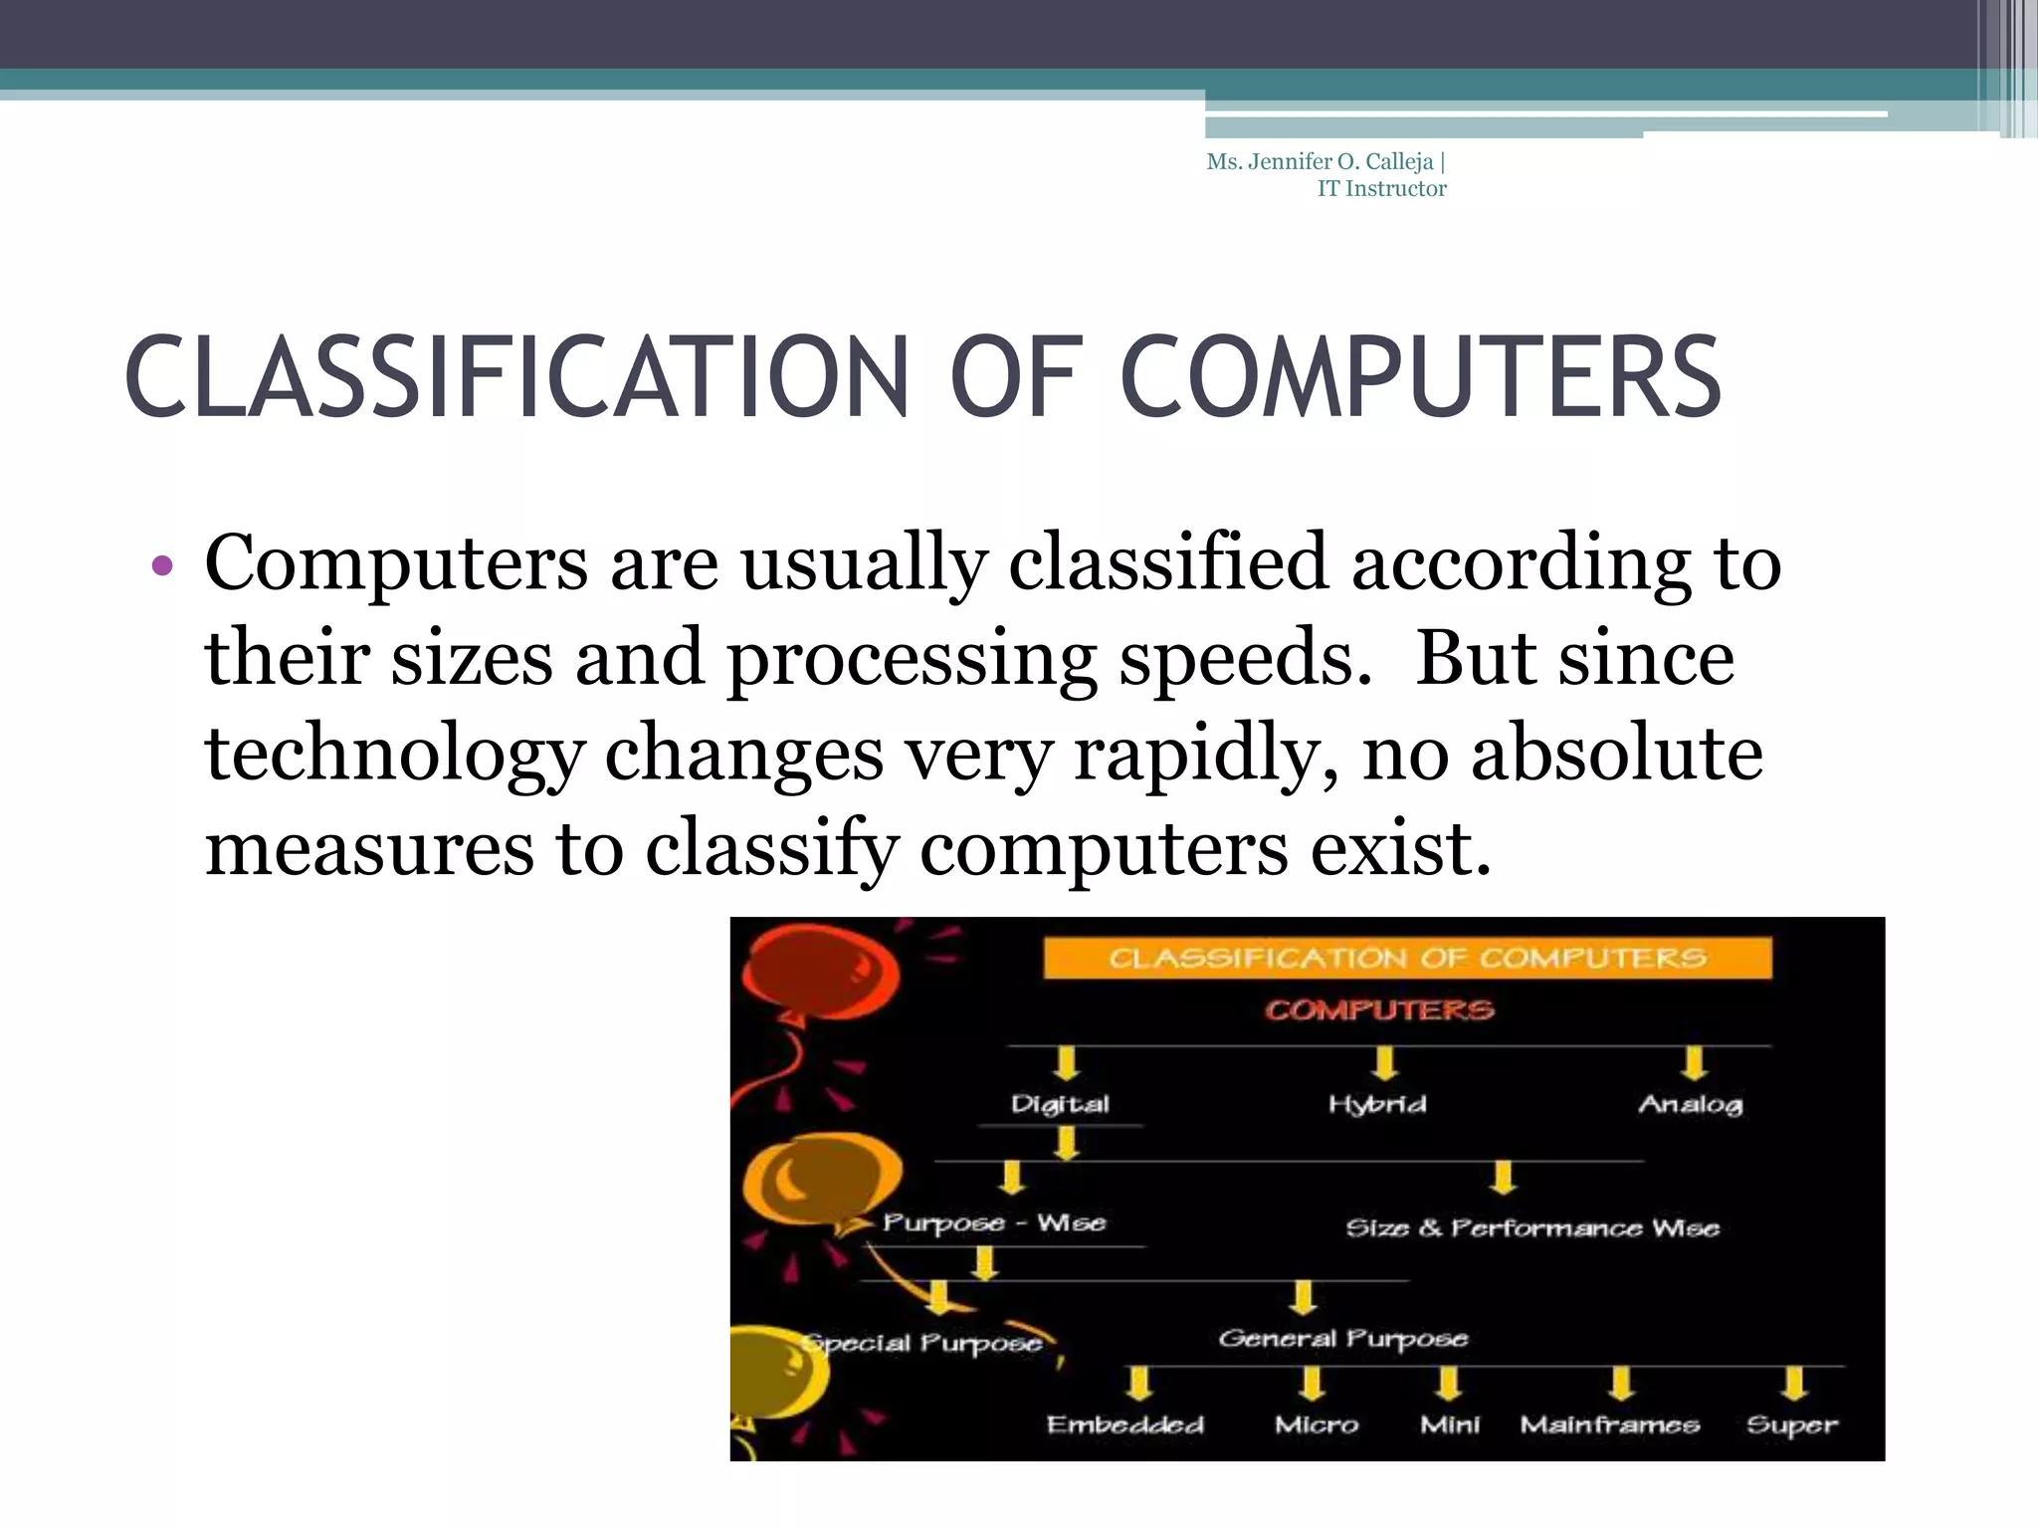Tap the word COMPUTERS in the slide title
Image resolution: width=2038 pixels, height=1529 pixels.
1420,378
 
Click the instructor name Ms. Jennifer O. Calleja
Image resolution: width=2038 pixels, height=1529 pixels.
1320,162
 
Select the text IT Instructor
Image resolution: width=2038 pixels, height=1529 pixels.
1381,189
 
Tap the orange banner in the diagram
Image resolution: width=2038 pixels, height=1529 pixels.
1407,958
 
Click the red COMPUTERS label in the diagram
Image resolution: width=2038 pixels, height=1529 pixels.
1379,1010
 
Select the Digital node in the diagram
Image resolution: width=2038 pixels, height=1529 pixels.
1060,1104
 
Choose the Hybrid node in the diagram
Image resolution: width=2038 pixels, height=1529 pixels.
1377,1104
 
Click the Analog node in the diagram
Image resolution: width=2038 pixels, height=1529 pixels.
1690,1104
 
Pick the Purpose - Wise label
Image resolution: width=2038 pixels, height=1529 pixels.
994,1222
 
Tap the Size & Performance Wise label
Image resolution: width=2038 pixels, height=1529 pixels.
1532,1227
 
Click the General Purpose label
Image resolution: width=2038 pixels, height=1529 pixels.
1342,1339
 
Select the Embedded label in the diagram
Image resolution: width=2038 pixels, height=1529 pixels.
1124,1424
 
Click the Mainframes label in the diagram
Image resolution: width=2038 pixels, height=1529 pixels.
1609,1424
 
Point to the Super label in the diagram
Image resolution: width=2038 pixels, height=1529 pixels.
1791,1424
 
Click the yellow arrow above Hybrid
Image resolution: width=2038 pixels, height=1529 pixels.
1383,1062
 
